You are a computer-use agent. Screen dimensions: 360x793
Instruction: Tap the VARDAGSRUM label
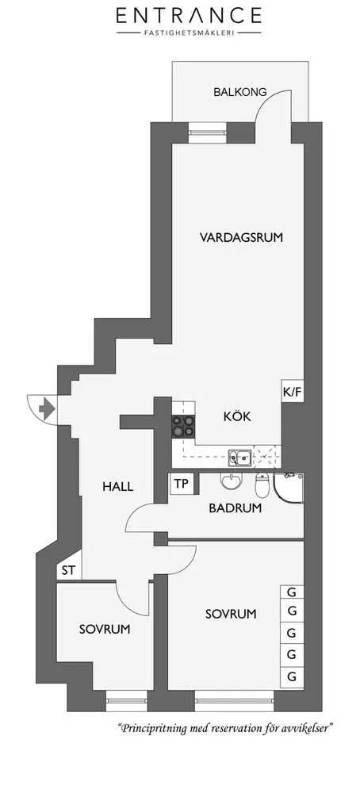click(x=241, y=237)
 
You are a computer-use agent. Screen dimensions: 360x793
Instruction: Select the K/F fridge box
click(x=293, y=391)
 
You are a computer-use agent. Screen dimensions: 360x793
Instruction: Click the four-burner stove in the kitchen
click(x=183, y=425)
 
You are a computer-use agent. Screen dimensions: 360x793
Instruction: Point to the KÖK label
click(x=237, y=417)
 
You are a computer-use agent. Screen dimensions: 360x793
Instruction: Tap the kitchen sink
click(x=239, y=458)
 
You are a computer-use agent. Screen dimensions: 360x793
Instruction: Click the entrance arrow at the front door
click(x=47, y=408)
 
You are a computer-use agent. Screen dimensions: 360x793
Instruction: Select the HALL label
click(x=118, y=487)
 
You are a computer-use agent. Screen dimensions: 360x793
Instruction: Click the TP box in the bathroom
click(x=181, y=484)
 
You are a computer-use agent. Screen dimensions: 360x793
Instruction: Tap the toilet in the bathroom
click(x=262, y=485)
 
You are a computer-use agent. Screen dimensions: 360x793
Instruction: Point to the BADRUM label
click(x=236, y=508)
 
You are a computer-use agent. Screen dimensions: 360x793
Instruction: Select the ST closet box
click(x=69, y=571)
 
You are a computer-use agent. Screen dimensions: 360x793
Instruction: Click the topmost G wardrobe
click(x=292, y=592)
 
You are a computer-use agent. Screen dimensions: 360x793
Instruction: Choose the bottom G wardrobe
click(x=292, y=676)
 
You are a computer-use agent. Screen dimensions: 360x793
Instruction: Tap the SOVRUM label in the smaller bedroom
click(x=105, y=629)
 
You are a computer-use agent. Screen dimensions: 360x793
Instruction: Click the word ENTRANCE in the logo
click(x=189, y=16)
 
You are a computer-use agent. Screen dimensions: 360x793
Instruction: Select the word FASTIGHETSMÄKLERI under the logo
click(x=189, y=33)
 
